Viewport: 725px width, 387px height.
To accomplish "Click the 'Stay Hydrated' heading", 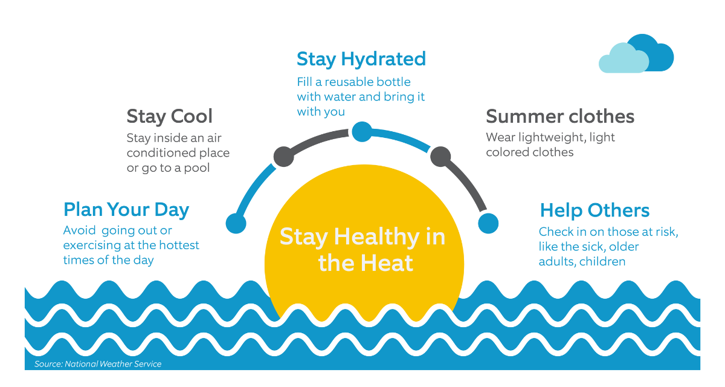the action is [x=361, y=59].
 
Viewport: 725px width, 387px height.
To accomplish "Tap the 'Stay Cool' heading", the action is [x=170, y=116].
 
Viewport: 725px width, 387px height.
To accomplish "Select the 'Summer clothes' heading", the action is [x=560, y=116].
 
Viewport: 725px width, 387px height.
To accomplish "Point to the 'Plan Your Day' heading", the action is [x=126, y=210].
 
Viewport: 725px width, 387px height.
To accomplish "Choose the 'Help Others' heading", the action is [x=594, y=210].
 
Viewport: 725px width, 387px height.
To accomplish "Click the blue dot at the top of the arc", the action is [x=362, y=132].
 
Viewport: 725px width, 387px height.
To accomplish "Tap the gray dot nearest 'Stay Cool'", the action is [x=283, y=157].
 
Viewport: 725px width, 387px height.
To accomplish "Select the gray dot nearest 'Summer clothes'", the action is [x=440, y=157].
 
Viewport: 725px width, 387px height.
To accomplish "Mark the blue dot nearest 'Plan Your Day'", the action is [x=236, y=224].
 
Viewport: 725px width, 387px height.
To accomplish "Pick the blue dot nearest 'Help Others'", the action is [x=488, y=224].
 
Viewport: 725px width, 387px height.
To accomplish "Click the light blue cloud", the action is [x=623, y=59].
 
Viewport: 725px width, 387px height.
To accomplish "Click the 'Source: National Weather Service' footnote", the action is [x=98, y=364].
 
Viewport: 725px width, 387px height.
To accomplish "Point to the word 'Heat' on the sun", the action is [x=387, y=263].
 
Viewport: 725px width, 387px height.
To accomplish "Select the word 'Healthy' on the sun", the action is [x=377, y=238].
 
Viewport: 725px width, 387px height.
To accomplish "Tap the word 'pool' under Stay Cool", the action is [x=197, y=168].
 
